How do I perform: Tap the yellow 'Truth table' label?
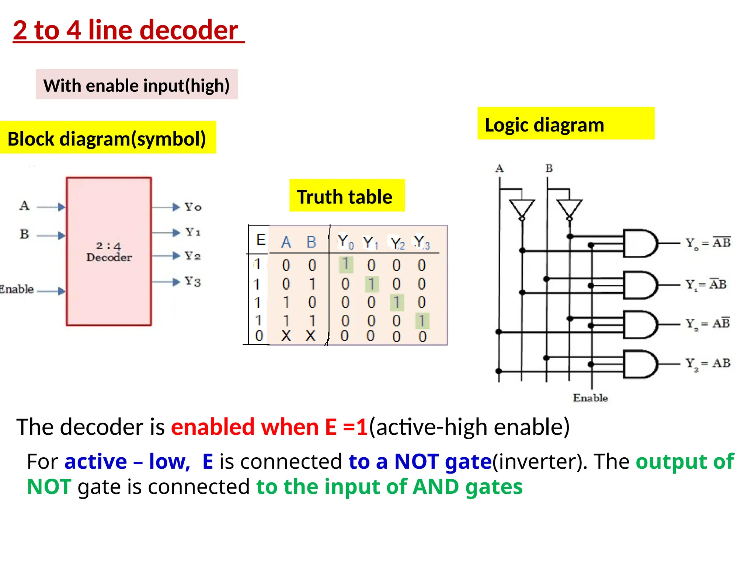click(345, 196)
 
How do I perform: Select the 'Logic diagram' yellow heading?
click(544, 125)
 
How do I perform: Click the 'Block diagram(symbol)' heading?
click(107, 139)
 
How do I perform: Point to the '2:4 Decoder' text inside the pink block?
click(109, 252)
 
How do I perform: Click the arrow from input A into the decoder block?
click(51, 207)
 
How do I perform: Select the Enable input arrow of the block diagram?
click(51, 291)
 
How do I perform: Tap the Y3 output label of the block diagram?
click(193, 282)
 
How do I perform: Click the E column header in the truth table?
click(261, 240)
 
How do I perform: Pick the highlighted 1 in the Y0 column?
click(346, 264)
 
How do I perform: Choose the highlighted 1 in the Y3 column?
click(422, 321)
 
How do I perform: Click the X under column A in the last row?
click(286, 336)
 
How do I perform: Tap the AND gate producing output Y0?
click(640, 243)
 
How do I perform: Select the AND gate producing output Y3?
click(640, 364)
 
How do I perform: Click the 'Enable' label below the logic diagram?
click(590, 398)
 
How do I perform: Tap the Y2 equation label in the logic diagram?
click(707, 324)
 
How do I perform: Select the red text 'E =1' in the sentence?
click(346, 427)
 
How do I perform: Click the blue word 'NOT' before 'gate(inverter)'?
click(417, 461)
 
